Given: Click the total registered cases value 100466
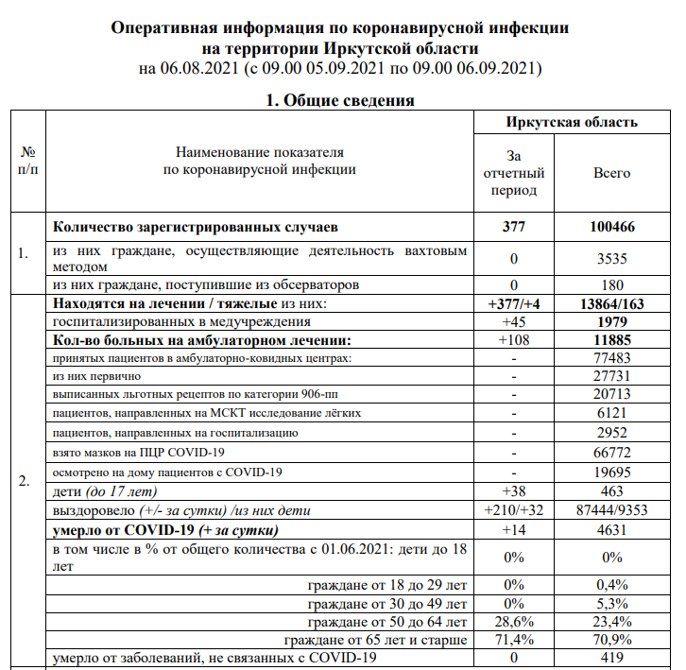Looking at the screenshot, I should click(611, 228).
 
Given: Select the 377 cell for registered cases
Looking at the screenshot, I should click(515, 228).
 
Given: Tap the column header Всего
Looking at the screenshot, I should click(611, 173).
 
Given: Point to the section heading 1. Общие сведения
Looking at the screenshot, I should click(341, 100).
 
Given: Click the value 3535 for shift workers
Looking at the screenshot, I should click(611, 258).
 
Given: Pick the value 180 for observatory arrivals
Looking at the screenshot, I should click(611, 285).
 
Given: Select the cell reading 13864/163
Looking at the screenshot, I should click(611, 304).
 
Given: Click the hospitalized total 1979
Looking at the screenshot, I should click(611, 322).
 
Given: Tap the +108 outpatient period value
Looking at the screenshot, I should click(515, 340).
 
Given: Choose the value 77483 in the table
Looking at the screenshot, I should click(611, 358).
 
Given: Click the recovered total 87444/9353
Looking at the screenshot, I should click(611, 510).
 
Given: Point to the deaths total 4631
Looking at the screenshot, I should click(611, 529).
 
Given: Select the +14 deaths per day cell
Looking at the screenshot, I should click(515, 529).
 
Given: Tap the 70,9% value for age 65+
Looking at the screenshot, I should click(611, 640).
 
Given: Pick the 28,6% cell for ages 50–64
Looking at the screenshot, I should click(515, 622).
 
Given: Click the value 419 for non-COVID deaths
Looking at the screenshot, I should click(611, 658).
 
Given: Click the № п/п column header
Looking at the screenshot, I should click(27, 161).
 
